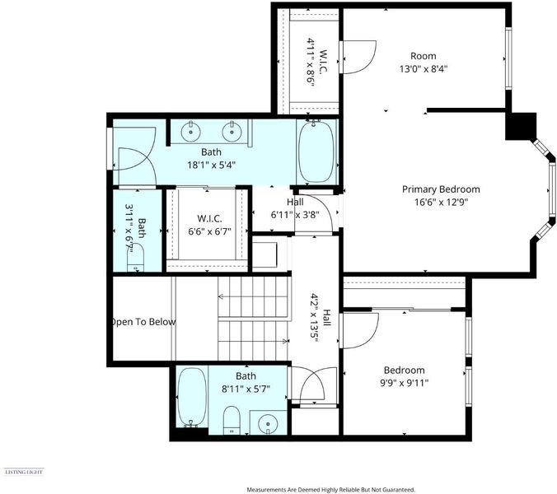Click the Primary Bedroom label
coord(441,189)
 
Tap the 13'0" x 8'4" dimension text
coord(423,68)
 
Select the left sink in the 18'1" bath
coord(191,132)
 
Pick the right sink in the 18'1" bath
coord(232,132)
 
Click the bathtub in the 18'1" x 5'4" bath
coord(316,151)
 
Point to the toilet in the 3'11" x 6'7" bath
coord(135,259)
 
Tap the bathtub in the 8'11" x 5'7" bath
coord(192,398)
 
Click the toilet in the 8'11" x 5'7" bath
coord(232,420)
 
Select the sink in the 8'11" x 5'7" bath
coord(268,423)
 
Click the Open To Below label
coord(143,322)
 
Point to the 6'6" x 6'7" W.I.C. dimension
coord(209,231)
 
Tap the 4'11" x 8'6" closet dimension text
coord(311,61)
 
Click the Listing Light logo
coord(23,472)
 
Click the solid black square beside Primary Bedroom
coord(521,126)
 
